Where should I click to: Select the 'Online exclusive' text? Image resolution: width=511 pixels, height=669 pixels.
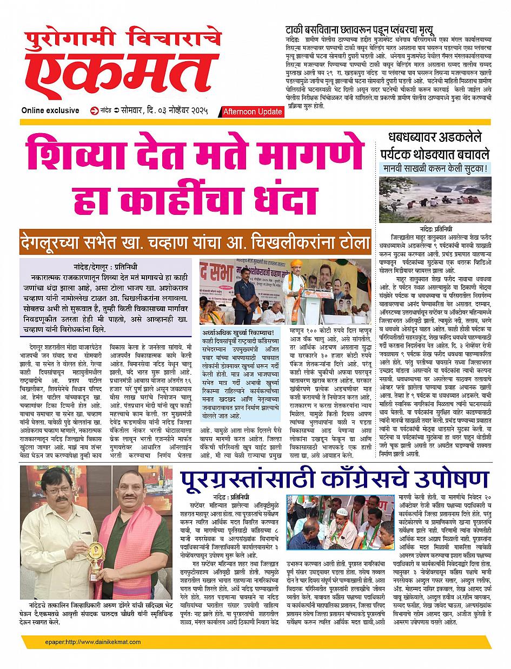50,110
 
